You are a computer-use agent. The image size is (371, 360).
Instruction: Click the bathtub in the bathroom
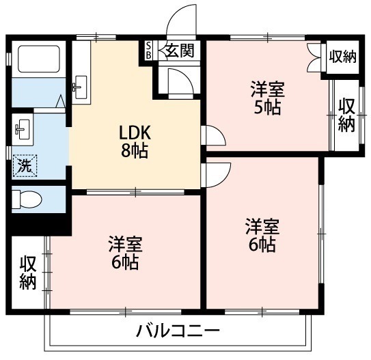pos(39,59)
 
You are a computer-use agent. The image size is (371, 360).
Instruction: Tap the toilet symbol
pos(27,199)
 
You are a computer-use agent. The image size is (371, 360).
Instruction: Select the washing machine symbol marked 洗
pos(25,165)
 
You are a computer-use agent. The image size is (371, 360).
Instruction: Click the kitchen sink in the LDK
pos(81,87)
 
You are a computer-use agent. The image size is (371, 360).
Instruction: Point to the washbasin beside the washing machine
pos(23,129)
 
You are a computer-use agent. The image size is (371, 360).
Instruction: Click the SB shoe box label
pos(148,50)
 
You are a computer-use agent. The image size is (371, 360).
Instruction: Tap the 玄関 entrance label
pos(180,50)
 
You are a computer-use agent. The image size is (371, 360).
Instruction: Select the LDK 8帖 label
pos(135,141)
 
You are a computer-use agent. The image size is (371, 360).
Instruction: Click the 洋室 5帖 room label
pos(268,98)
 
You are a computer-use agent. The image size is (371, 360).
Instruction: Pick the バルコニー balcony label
pos(178,331)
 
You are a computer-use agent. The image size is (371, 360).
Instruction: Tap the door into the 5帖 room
pos(213,135)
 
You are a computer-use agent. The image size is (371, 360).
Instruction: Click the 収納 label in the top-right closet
pos(343,57)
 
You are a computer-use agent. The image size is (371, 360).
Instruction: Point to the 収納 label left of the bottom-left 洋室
pos(28,273)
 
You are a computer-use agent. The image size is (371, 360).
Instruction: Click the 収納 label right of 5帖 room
pos(346,115)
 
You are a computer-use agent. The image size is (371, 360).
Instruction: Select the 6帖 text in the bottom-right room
pos(262,245)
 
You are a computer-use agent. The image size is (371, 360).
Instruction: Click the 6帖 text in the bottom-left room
pos(125,262)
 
